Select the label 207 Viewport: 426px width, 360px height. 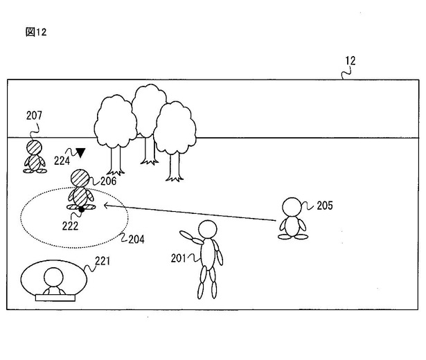pos(35,115)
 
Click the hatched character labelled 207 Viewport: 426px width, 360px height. pos(33,156)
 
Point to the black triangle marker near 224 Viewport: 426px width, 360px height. pos(81,152)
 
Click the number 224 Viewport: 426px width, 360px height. pos(62,159)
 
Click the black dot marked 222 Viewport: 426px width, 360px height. pos(82,208)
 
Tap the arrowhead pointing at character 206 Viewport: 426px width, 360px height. pos(105,205)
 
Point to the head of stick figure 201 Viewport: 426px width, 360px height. pos(206,229)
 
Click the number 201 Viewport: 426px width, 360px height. pos(179,258)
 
